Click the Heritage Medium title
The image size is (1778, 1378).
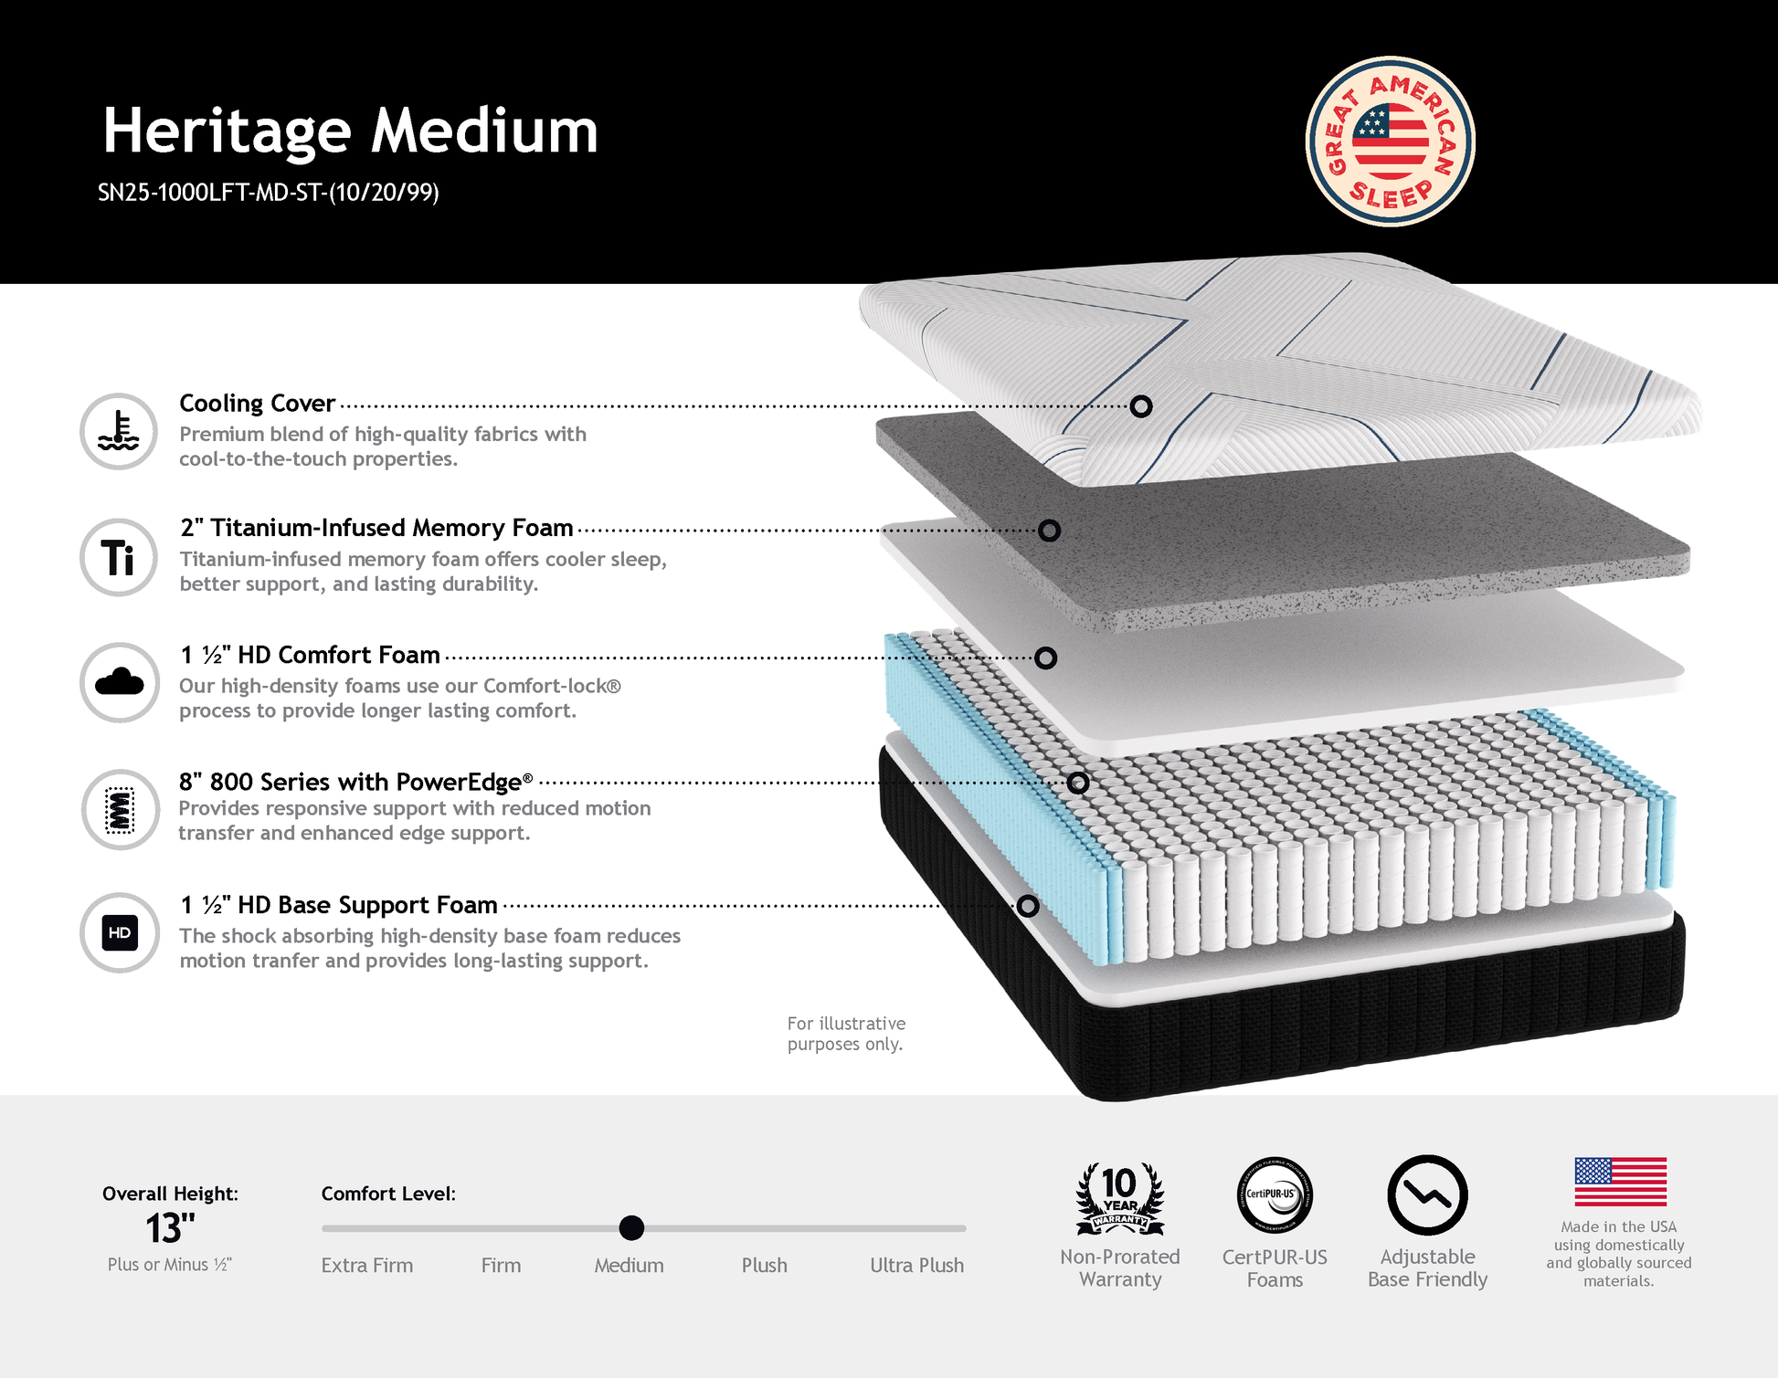click(x=350, y=131)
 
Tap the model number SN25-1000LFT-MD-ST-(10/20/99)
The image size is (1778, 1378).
click(x=269, y=193)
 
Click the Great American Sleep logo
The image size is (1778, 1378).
click(x=1390, y=142)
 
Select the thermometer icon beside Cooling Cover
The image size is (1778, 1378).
click(x=119, y=431)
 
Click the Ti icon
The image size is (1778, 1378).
click(x=119, y=557)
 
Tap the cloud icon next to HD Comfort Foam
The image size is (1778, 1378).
click(x=119, y=682)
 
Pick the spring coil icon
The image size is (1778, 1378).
click(x=120, y=809)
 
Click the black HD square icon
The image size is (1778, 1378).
click(x=120, y=932)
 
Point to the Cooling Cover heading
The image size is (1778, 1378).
click(x=257, y=403)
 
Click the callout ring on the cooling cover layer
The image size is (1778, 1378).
click(x=1140, y=406)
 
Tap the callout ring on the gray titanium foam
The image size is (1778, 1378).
click(x=1049, y=531)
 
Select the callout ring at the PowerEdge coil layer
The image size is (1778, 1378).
click(x=1078, y=783)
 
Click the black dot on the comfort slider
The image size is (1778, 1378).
click(x=631, y=1228)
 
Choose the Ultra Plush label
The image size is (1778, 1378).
click(x=916, y=1266)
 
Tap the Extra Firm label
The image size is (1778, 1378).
click(x=367, y=1266)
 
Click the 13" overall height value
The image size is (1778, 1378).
click(x=171, y=1229)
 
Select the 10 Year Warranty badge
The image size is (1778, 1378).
click(x=1120, y=1197)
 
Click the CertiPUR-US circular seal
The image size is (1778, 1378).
click(x=1275, y=1195)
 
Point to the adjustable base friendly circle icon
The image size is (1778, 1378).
click(x=1427, y=1195)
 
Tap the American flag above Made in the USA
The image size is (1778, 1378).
click(x=1620, y=1182)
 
